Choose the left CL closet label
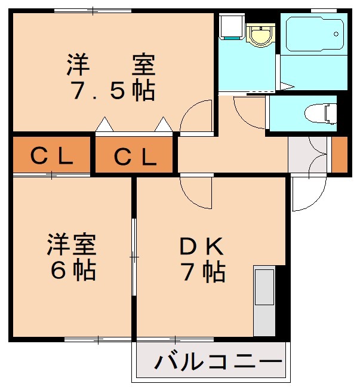click(52, 156)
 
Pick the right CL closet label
click(136, 156)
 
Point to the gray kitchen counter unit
click(263, 302)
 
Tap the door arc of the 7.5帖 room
click(196, 116)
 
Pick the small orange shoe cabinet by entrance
click(339, 155)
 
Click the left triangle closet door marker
click(104, 125)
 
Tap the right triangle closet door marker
click(163, 125)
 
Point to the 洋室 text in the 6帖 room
click(72, 244)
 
